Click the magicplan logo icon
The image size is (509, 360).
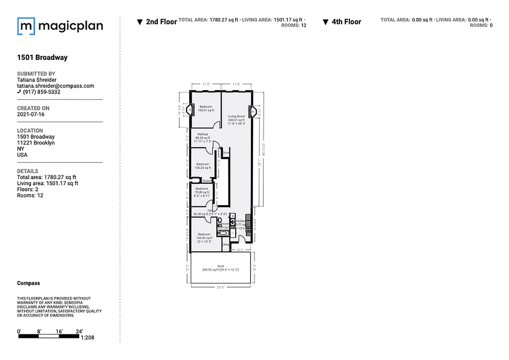[26, 26]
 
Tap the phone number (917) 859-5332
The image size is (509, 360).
[41, 92]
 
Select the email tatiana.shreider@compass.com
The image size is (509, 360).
[55, 86]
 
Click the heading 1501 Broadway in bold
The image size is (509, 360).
[42, 58]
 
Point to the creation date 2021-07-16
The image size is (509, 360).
[31, 114]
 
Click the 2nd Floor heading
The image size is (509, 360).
[161, 22]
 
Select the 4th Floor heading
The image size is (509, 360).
[346, 22]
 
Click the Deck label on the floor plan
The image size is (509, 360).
[221, 266]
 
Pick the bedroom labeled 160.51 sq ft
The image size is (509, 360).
[206, 108]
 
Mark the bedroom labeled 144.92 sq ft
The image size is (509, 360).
[204, 236]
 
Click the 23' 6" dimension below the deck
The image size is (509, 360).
[221, 287]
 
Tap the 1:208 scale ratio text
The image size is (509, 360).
[87, 337]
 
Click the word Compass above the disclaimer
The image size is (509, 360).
[28, 283]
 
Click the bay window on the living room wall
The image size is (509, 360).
[251, 111]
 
